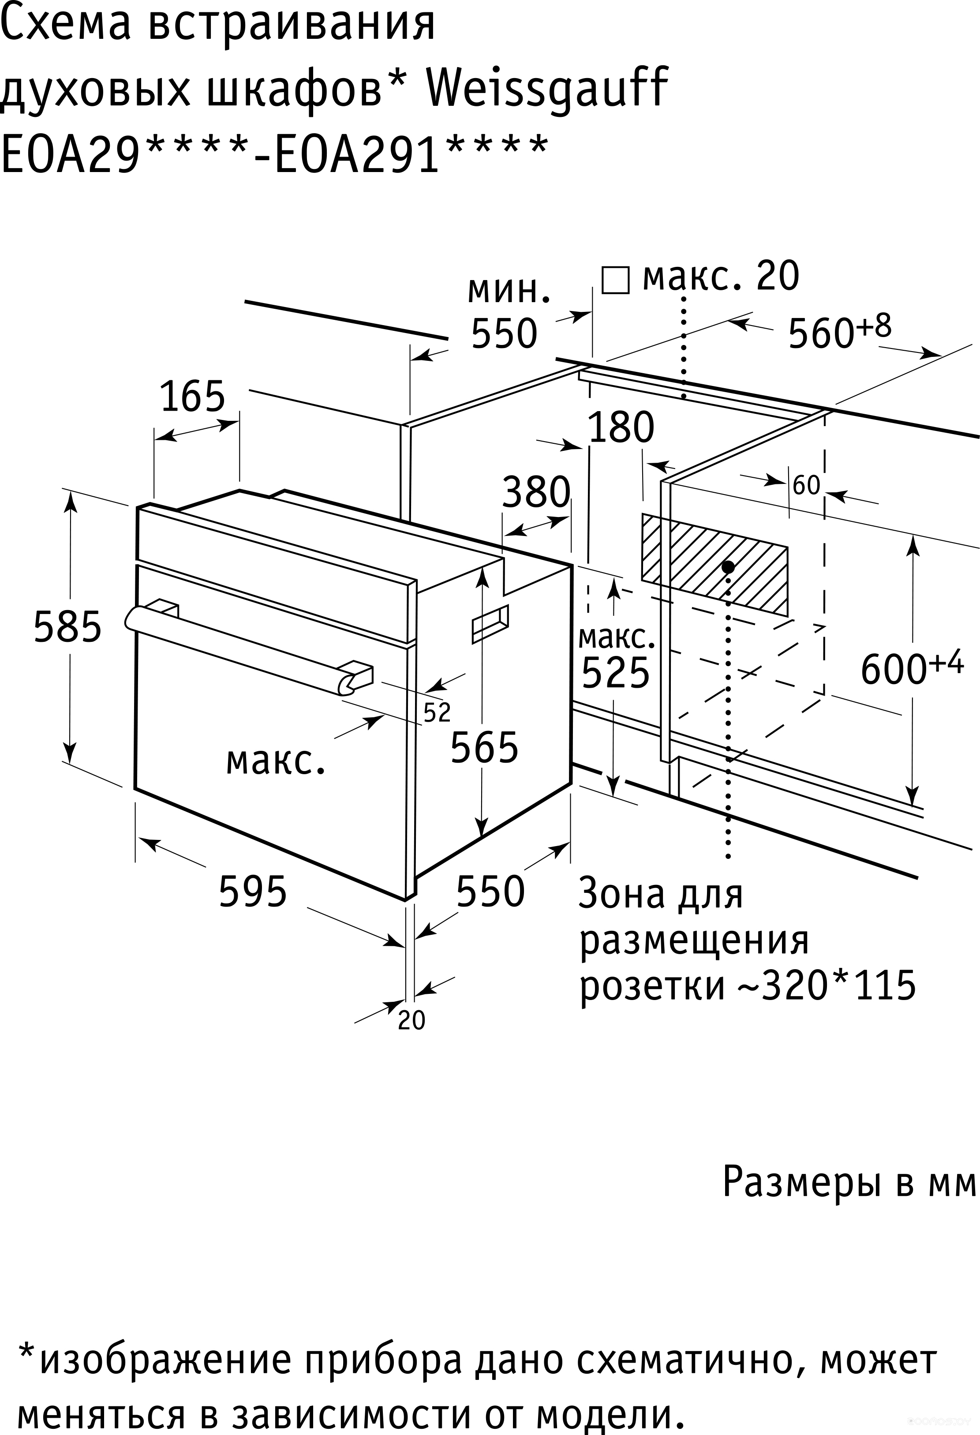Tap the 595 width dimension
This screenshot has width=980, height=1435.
point(253,892)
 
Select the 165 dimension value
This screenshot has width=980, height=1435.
point(193,397)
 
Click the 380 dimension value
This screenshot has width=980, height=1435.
point(536,492)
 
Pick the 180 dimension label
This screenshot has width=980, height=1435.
point(621,427)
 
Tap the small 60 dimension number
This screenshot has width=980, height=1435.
point(806,486)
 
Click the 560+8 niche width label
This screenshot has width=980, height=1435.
point(840,332)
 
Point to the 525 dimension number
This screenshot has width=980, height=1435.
point(616,672)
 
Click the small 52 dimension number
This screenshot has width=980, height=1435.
point(437,712)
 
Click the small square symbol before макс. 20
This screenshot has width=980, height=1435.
point(616,280)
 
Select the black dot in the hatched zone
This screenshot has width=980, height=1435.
point(729,566)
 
